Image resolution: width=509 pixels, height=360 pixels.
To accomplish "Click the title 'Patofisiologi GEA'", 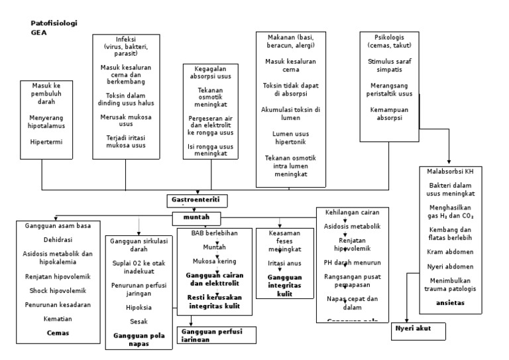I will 54,27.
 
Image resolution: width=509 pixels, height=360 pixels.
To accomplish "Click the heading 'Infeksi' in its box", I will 125,38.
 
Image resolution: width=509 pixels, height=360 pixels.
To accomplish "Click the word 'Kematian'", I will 58,319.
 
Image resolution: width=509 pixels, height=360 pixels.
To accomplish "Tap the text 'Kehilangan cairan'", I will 352,213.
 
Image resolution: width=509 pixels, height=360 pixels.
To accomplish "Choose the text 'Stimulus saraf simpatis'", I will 390,65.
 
